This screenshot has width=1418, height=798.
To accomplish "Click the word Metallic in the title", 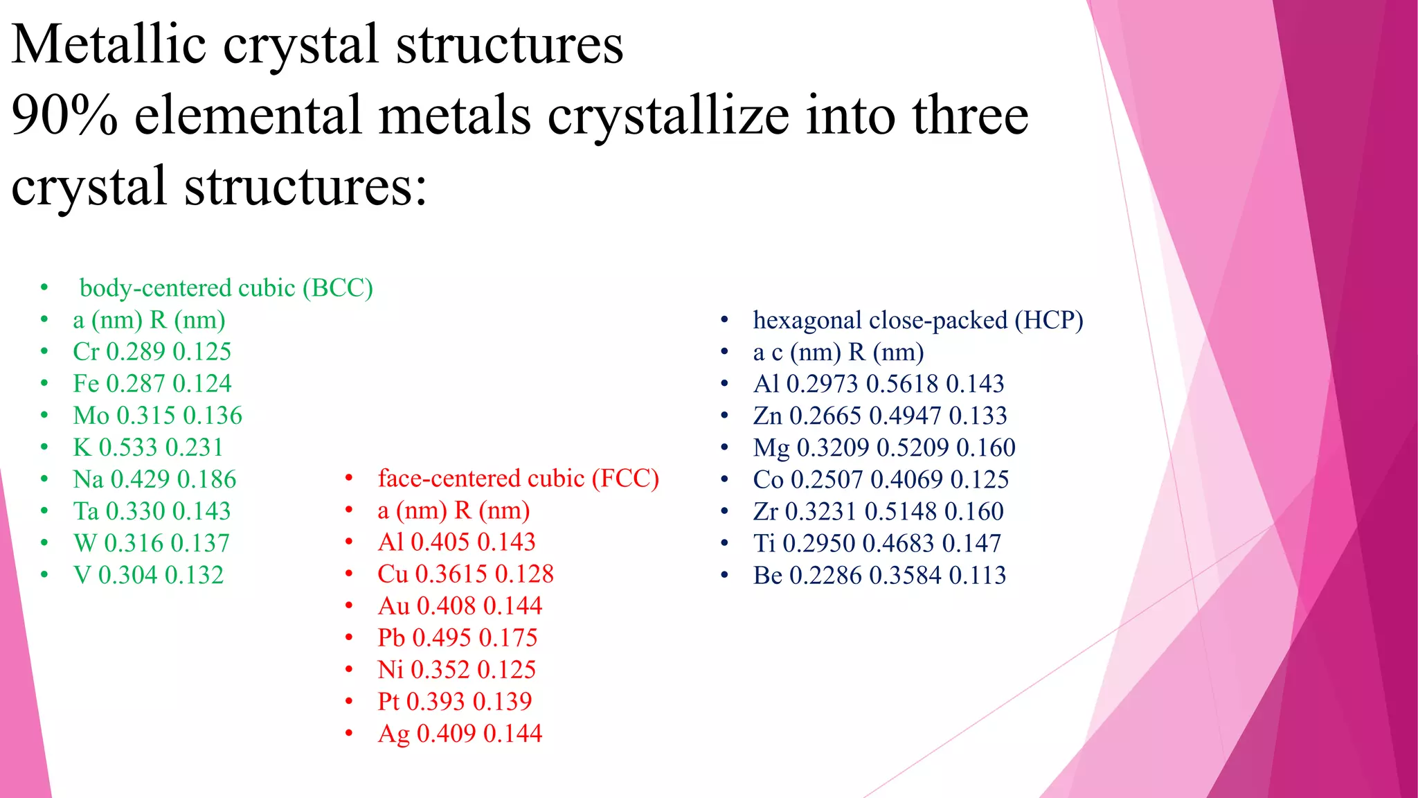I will [109, 44].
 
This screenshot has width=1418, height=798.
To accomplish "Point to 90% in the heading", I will [64, 115].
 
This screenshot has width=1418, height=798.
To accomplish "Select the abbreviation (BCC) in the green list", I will [338, 287].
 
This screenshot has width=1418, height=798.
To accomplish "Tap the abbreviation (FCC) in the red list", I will [625, 478].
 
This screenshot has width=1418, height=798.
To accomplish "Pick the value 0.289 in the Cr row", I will [135, 352].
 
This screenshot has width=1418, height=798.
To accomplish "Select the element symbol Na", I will [88, 479].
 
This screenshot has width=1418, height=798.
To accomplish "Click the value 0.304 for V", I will [127, 575].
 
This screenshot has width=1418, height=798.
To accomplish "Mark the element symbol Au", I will [393, 606].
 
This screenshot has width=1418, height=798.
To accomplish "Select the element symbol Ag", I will [393, 734].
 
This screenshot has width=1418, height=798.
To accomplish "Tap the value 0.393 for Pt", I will [436, 701].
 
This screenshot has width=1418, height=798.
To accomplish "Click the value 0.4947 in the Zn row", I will [905, 416].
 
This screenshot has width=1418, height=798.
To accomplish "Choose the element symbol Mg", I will [771, 448].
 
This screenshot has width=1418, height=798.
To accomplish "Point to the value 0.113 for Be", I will [977, 575].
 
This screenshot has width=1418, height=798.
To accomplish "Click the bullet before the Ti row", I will [724, 543].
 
